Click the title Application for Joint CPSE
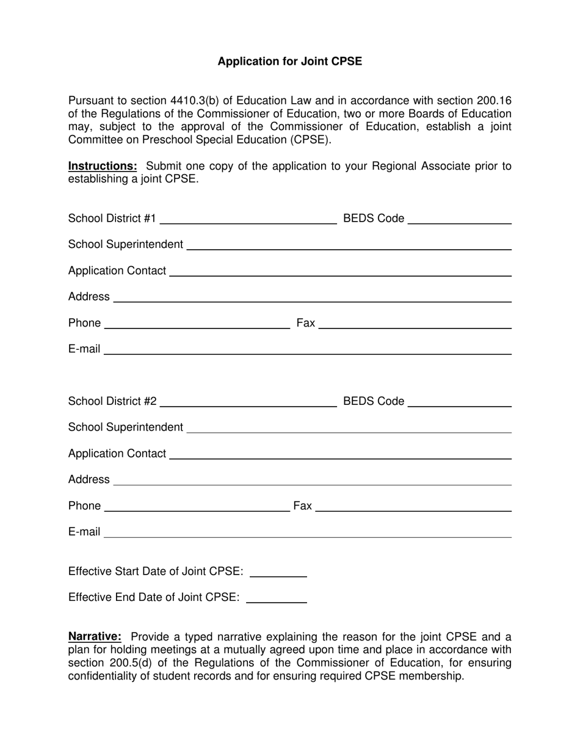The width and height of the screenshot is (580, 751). pyautogui.click(x=289, y=61)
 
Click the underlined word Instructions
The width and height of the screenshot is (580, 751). pyautogui.click(x=103, y=166)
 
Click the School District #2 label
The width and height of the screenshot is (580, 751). pyautogui.click(x=112, y=401)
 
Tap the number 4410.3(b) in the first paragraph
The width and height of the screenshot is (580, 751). pyautogui.click(x=181, y=101)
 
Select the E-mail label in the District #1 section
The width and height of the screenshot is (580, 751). pyautogui.click(x=84, y=349)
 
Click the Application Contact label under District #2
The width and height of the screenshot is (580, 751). pyautogui.click(x=117, y=454)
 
